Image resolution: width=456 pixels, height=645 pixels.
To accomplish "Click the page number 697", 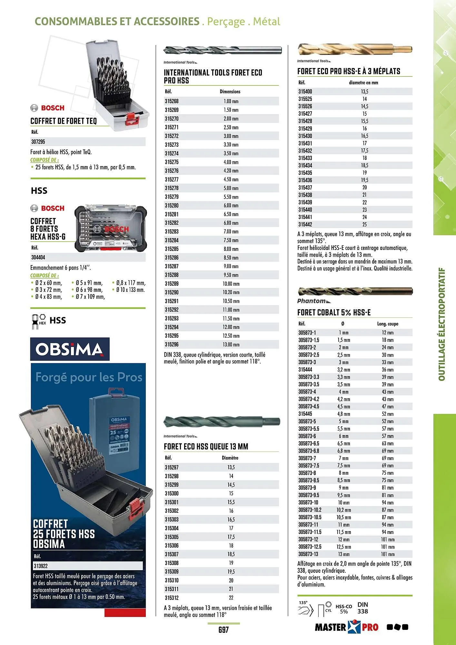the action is (x=223, y=630).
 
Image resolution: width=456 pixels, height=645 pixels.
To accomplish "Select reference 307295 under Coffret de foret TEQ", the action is (x=38, y=142).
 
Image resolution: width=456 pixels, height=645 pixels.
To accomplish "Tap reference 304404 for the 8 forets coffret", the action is (x=38, y=258).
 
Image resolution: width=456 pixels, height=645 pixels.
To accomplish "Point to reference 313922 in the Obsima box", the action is (x=41, y=566).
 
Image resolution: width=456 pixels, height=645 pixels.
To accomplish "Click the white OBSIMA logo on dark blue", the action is (x=70, y=349).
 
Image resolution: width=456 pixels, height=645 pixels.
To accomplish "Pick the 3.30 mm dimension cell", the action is (x=231, y=145).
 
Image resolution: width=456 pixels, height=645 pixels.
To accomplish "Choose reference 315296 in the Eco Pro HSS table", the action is (x=172, y=344).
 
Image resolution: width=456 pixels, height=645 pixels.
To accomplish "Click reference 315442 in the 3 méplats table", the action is (x=305, y=224).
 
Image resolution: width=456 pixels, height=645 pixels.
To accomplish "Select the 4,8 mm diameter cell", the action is (x=344, y=414).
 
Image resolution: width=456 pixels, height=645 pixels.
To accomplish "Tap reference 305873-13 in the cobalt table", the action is (x=308, y=554).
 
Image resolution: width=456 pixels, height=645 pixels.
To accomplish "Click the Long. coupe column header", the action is (x=388, y=324).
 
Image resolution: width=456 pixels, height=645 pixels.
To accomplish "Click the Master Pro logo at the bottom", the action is (x=346, y=627).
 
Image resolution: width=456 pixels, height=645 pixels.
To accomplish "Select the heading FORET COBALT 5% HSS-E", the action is (x=334, y=313).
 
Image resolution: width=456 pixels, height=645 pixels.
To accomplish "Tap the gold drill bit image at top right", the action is (x=355, y=49).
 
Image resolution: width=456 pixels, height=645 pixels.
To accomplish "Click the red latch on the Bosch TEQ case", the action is (x=132, y=118).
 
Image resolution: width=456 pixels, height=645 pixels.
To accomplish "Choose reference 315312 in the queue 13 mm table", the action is (x=172, y=598).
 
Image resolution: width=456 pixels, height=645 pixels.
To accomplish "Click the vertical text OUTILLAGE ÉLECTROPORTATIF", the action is (x=442, y=324).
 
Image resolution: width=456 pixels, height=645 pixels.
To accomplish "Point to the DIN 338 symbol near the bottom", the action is (x=362, y=608).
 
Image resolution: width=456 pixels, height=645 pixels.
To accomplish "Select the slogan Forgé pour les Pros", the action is (x=89, y=377).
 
